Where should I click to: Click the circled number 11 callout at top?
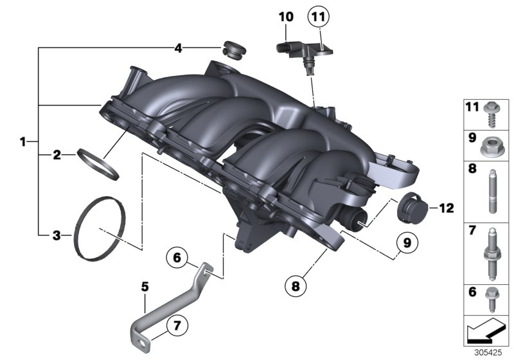click(318, 17)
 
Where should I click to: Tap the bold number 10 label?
click(286, 17)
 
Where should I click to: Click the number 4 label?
click(178, 48)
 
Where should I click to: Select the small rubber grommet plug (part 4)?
click(234, 51)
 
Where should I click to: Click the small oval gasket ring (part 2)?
click(98, 165)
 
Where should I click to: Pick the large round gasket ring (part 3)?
click(99, 228)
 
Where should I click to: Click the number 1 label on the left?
click(22, 142)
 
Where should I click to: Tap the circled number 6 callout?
click(177, 258)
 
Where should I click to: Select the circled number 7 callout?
click(177, 326)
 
